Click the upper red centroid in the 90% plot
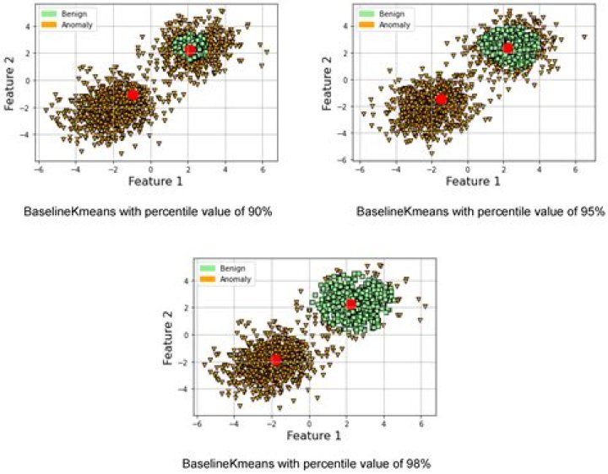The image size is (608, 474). (191, 51)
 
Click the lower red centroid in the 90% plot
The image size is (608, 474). (133, 94)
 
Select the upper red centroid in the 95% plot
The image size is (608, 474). (508, 48)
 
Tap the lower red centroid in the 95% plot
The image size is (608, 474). (441, 100)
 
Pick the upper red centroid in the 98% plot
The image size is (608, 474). (351, 304)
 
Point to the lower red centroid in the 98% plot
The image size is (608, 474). (275, 360)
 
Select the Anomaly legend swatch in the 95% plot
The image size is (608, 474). (366, 25)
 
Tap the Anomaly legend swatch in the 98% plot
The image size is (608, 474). (207, 279)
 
